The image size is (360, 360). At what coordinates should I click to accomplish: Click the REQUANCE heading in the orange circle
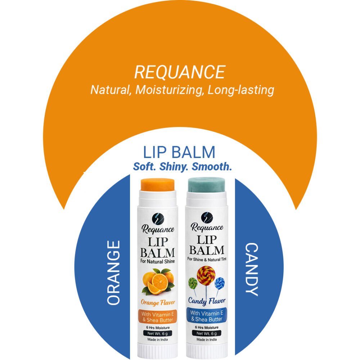[180, 72]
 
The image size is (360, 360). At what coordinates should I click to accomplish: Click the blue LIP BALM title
[179, 153]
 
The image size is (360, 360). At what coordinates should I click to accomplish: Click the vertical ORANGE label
[114, 273]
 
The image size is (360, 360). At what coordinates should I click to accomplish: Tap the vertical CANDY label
[252, 269]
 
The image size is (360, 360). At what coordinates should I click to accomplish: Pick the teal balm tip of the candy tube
[207, 185]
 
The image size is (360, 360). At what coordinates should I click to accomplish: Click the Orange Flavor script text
[157, 302]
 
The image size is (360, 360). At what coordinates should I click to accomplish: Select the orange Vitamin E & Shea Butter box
[157, 316]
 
